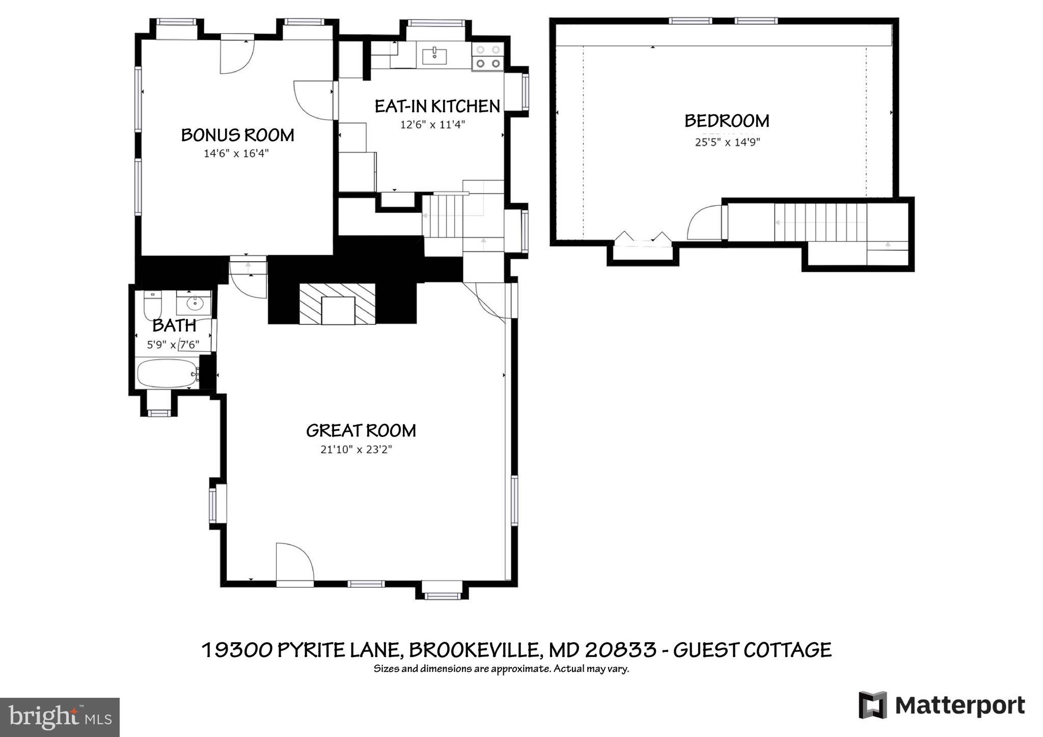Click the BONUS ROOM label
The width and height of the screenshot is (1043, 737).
[x=237, y=135]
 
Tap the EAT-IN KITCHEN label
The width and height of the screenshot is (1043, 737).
[x=437, y=106]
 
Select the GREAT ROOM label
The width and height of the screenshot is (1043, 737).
[x=361, y=431]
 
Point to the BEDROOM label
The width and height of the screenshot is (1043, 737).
[x=727, y=121]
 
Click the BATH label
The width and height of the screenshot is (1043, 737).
[x=174, y=325]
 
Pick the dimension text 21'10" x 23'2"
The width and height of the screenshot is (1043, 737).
[x=356, y=450]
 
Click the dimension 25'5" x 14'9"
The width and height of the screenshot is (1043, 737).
[x=727, y=142]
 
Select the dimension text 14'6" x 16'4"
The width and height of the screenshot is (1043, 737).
[x=236, y=153]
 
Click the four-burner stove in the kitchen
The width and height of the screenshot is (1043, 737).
[x=488, y=57]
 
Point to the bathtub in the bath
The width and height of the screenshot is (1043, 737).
[x=168, y=373]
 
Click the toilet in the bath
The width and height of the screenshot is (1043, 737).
[x=152, y=304]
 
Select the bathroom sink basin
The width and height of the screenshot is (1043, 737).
[x=195, y=304]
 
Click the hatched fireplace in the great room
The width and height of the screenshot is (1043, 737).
[x=337, y=304]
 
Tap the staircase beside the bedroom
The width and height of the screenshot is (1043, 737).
[x=820, y=222]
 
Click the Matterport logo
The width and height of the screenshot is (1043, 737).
[x=942, y=705]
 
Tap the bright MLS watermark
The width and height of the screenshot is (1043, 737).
[x=60, y=717]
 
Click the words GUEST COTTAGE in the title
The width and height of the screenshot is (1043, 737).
[x=752, y=650]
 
